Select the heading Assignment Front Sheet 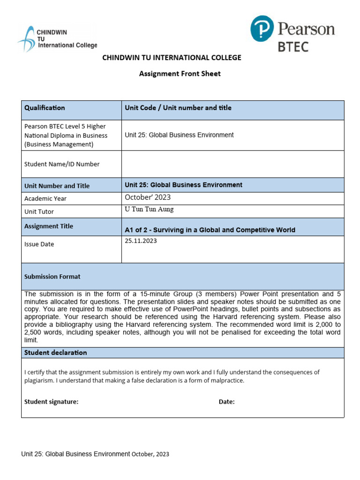pyautogui.click(x=180, y=74)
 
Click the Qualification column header pyautogui.click(x=45, y=108)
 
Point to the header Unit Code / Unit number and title pyautogui.click(x=178, y=108)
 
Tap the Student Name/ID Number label pyautogui.click(x=62, y=164)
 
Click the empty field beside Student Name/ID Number pyautogui.click(x=232, y=164)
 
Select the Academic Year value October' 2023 pyautogui.click(x=148, y=197)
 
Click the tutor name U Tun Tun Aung pyautogui.click(x=149, y=210)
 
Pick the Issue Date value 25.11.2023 pyautogui.click(x=141, y=241)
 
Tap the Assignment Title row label pyautogui.click(x=49, y=226)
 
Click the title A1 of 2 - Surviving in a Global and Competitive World pyautogui.click(x=210, y=230)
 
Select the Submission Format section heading pyautogui.click(x=52, y=277)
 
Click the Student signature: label pyautogui.click(x=52, y=402)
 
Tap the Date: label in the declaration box pyautogui.click(x=227, y=402)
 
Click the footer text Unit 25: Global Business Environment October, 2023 pyautogui.click(x=95, y=454)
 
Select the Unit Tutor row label pyautogui.click(x=39, y=212)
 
